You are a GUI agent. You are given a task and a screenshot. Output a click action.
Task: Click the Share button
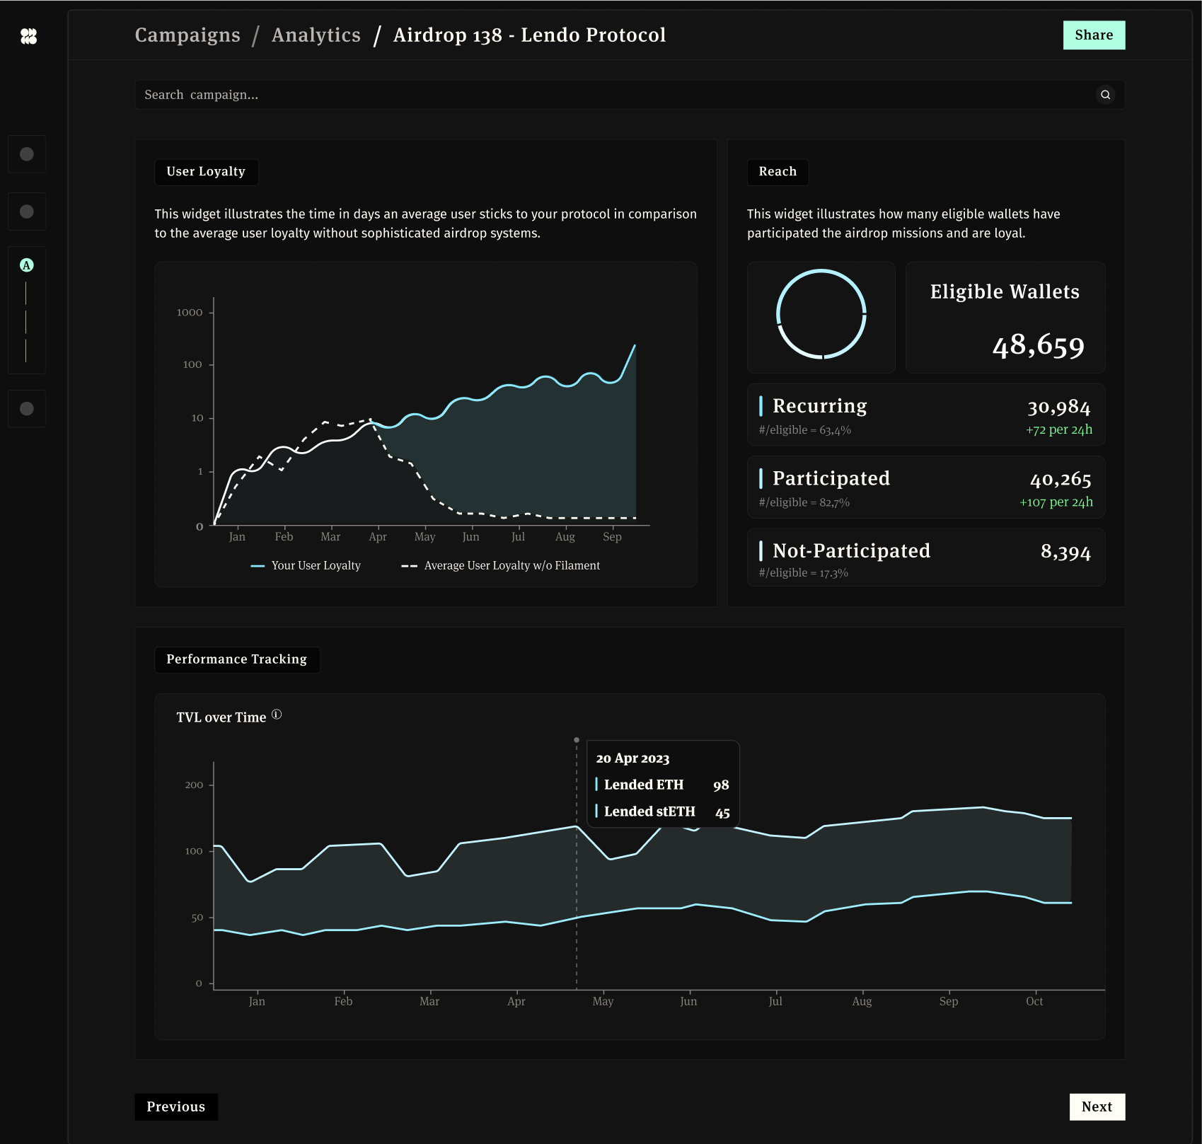(x=1093, y=35)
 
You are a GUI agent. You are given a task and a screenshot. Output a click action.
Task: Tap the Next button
(x=1097, y=1107)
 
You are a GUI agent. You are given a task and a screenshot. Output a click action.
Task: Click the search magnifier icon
(x=1105, y=95)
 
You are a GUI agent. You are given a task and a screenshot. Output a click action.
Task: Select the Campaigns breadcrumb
(x=187, y=35)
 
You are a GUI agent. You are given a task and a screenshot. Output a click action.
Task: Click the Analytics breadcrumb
(x=316, y=35)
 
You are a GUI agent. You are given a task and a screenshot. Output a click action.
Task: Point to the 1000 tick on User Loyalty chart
(x=190, y=312)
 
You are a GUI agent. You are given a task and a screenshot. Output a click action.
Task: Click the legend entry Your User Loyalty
(x=306, y=565)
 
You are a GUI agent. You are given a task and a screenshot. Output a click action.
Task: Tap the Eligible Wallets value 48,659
(x=1038, y=345)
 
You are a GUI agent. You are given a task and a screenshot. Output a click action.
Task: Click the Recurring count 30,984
(x=1058, y=407)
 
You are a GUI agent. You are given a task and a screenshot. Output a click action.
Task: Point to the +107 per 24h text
(x=1056, y=502)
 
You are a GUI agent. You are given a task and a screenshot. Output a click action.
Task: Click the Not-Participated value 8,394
(x=1065, y=552)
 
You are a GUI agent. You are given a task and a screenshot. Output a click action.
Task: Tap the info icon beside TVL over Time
(x=277, y=715)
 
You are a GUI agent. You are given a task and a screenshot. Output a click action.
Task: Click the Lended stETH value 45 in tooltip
(x=722, y=812)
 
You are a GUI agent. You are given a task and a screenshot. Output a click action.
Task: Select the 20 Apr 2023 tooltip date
(x=632, y=758)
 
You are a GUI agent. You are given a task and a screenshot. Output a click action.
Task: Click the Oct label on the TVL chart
(x=1034, y=1001)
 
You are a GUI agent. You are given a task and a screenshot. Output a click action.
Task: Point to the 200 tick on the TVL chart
(x=194, y=785)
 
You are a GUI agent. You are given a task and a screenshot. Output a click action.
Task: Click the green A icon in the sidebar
(x=27, y=265)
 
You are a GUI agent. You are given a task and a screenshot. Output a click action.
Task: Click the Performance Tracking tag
(x=236, y=659)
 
